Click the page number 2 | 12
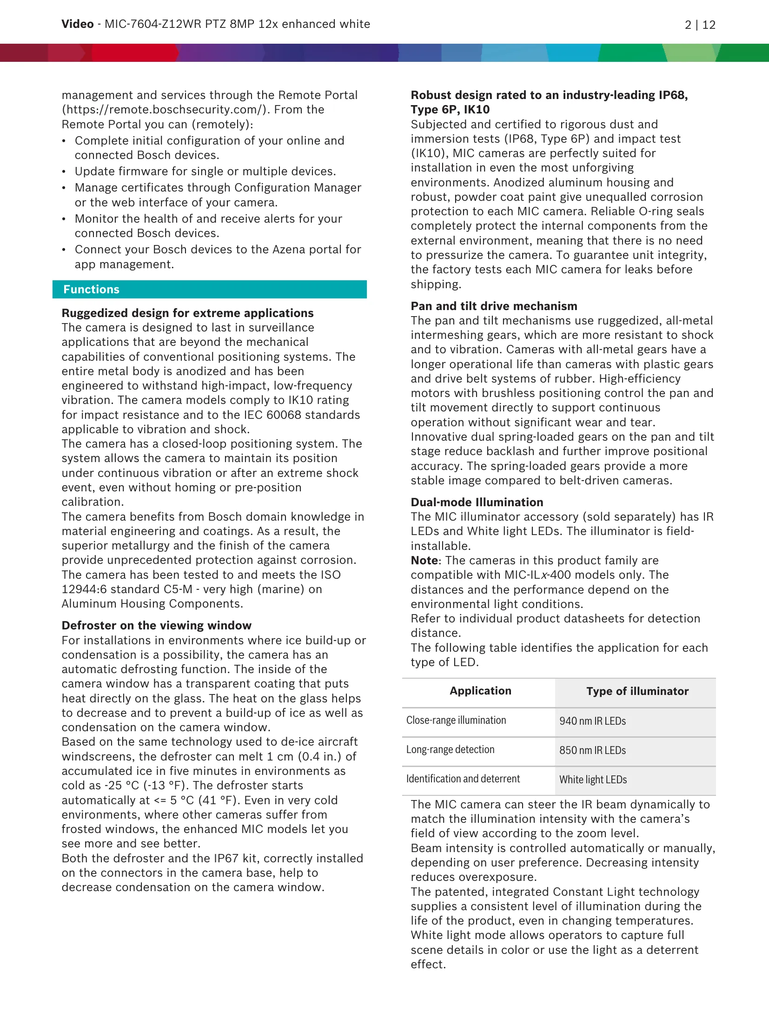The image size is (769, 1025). [700, 25]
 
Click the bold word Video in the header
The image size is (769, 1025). [77, 24]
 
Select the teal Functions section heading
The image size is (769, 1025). [92, 290]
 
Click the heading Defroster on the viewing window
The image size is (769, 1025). [156, 626]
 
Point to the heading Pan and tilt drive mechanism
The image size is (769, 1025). [494, 306]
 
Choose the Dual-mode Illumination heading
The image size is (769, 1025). [477, 503]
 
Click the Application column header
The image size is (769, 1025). [480, 691]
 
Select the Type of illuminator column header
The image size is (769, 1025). [637, 691]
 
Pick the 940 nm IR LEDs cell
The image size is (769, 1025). [592, 721]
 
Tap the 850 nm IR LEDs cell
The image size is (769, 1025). [592, 750]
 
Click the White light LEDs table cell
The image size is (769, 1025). [593, 780]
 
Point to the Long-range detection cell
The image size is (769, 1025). [450, 750]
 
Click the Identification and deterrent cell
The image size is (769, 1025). [463, 779]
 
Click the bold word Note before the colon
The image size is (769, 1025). [424, 561]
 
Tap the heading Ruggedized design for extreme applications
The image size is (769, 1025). [187, 313]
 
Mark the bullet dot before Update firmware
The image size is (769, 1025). [64, 172]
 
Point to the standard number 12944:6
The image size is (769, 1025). [84, 589]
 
